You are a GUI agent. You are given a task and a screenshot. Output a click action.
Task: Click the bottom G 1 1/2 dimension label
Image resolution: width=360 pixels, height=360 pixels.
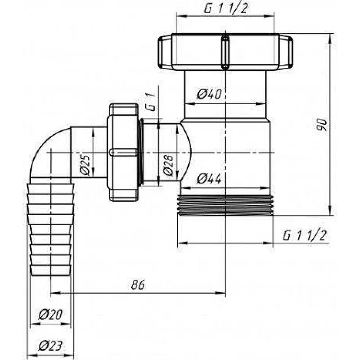304,236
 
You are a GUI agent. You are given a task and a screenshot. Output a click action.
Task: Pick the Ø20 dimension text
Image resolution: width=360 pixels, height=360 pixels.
50,315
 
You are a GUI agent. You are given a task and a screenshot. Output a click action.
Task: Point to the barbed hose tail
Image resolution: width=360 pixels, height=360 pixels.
50,229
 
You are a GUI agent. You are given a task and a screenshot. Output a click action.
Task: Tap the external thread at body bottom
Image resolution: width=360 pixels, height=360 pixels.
225,205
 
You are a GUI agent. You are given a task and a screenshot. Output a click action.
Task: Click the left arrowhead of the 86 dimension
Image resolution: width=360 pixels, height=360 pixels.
53,293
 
